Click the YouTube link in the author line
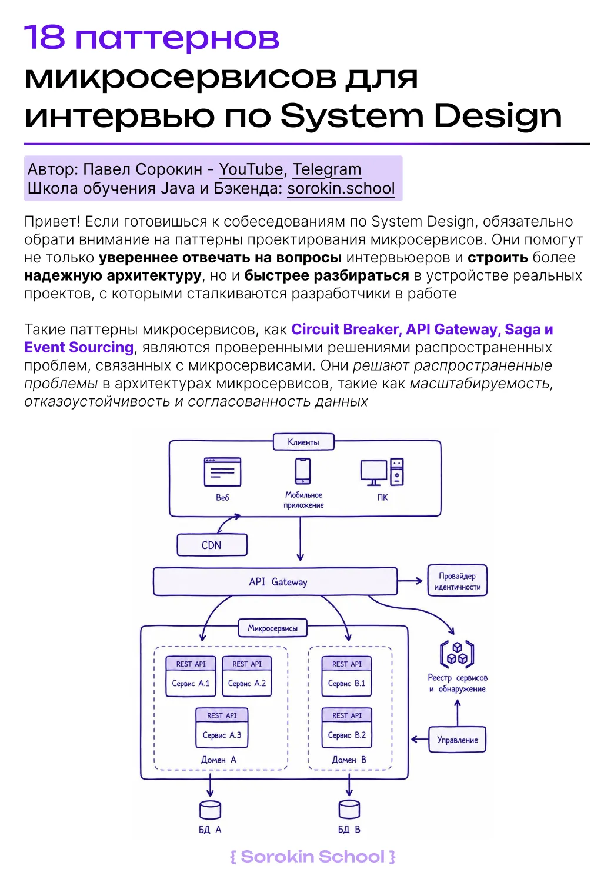[251, 169]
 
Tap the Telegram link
[327, 169]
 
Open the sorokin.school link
[341, 188]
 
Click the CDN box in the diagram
[212, 545]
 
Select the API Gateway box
[275, 581]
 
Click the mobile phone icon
[303, 471]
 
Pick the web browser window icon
[222, 472]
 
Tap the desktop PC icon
[382, 472]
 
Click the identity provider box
[457, 580]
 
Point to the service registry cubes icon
[457, 654]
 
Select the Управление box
[457, 740]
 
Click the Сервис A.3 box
[222, 728]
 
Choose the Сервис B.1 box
[346, 677]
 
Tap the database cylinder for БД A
[210, 810]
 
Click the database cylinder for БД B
[349, 810]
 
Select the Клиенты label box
[303, 442]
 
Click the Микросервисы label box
[272, 628]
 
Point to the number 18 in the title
[44, 37]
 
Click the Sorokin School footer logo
[313, 857]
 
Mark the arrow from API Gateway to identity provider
[410, 581]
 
